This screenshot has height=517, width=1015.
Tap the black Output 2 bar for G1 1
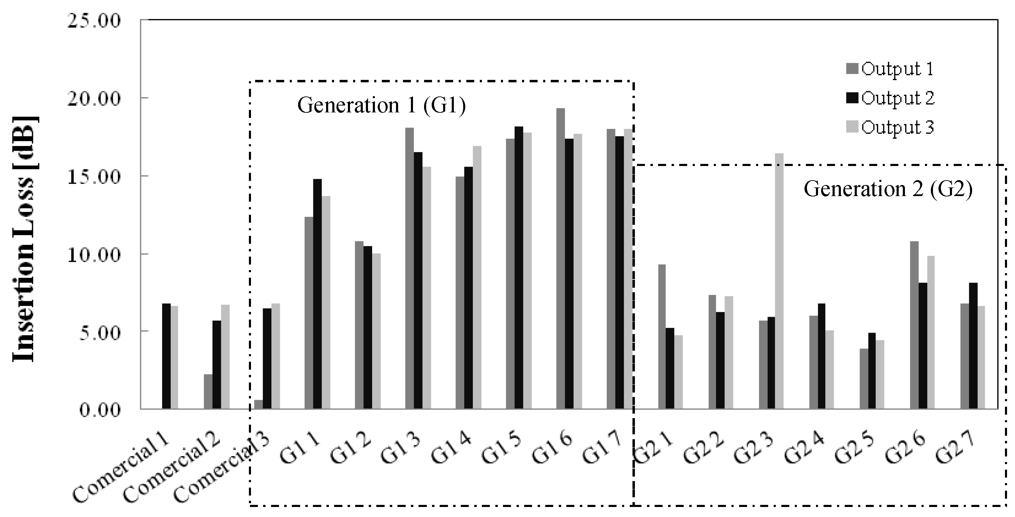pyautogui.click(x=317, y=294)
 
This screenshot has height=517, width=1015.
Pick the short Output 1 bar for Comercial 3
pyautogui.click(x=259, y=404)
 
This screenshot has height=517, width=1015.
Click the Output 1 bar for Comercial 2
pyautogui.click(x=208, y=391)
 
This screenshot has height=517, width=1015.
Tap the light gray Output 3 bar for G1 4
pyautogui.click(x=477, y=278)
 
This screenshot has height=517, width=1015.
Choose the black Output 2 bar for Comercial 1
pyautogui.click(x=166, y=356)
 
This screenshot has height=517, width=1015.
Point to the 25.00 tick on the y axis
pyautogui.click(x=94, y=20)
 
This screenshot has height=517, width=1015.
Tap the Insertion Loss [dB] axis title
pyautogui.click(x=25, y=239)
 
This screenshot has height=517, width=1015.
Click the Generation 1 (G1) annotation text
pyautogui.click(x=381, y=105)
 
